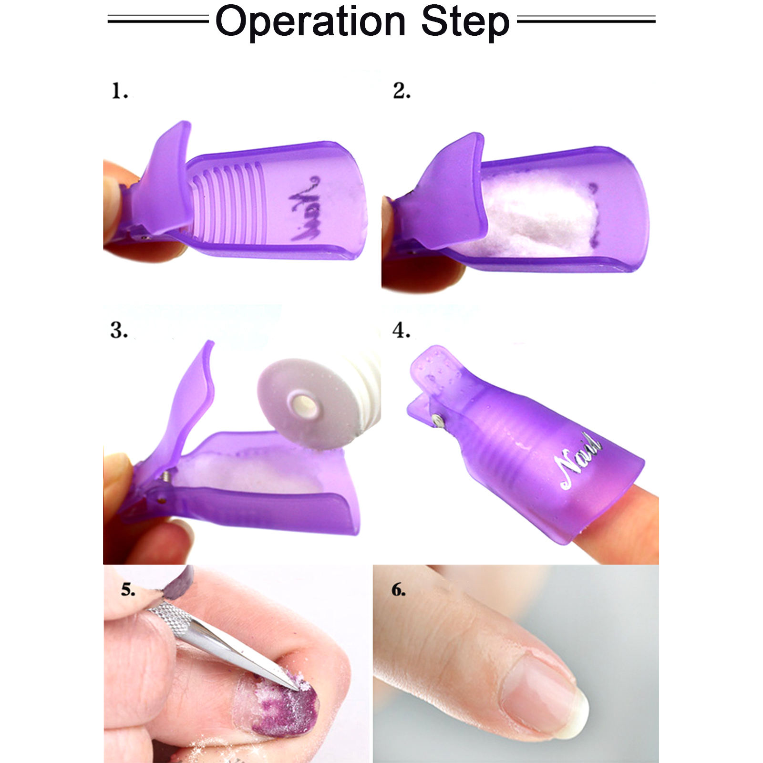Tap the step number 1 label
[120, 91]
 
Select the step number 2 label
[402, 91]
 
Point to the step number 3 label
[119, 330]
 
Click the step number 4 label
[401, 330]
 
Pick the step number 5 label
[128, 590]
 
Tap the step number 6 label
[399, 590]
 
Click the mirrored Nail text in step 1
[305, 208]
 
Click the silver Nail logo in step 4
[578, 460]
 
